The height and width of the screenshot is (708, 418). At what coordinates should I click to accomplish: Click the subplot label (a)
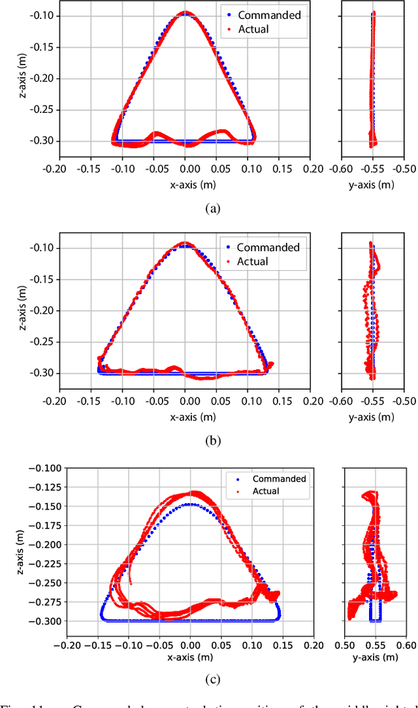212,208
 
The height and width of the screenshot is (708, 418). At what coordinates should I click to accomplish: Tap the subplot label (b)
212,440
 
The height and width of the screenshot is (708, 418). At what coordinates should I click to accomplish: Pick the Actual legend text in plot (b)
253,262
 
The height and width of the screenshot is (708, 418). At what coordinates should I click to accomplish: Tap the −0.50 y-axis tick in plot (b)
404,400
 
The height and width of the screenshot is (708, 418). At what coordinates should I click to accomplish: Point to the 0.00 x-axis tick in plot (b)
185,400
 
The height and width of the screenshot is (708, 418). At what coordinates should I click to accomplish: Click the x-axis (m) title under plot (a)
186,185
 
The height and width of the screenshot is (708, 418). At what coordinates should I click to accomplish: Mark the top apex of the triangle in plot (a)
186,12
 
